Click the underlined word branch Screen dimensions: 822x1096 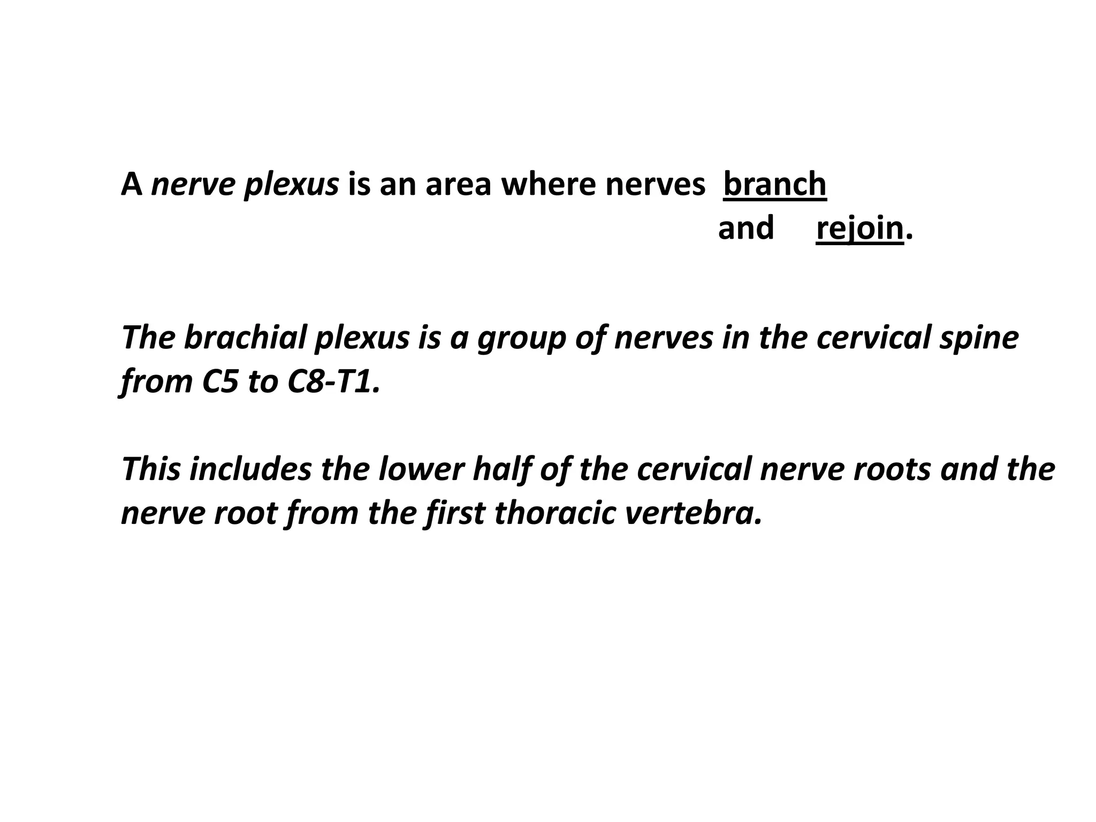click(774, 184)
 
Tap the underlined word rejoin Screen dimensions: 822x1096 click(859, 228)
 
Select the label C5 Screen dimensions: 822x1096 click(219, 382)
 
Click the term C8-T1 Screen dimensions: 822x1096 click(332, 382)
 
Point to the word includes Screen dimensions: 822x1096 click(250, 469)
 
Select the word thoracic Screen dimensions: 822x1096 click(554, 513)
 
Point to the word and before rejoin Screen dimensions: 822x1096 click(745, 228)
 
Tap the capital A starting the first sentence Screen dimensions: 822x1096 click(132, 184)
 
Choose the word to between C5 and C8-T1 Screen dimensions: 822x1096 click(262, 382)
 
